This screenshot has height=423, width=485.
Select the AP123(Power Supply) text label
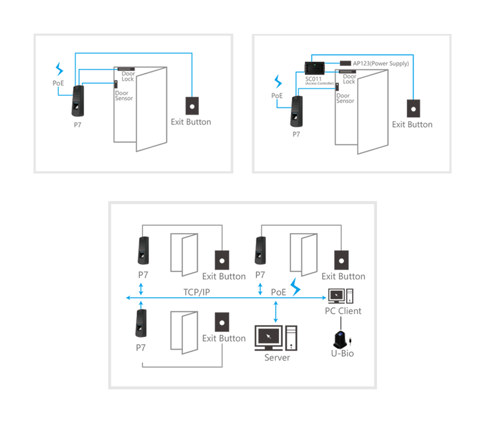point(381,63)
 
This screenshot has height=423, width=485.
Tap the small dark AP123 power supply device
point(345,63)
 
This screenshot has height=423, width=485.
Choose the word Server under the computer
point(277,357)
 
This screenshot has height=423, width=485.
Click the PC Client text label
point(343,311)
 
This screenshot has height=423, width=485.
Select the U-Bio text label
point(342,353)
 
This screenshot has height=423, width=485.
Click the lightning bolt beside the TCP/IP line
point(296,287)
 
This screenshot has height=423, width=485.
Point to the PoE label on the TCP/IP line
point(278,292)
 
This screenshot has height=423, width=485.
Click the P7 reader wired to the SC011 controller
point(296,113)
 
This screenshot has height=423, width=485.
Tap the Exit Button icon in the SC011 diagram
point(412,108)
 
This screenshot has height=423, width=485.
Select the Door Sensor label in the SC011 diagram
point(345,98)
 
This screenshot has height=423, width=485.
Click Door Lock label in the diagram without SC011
point(127,76)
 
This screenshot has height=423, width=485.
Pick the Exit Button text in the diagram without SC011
point(191,122)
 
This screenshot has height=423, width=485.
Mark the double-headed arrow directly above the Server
point(276,311)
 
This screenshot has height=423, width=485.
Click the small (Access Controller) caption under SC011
point(319,83)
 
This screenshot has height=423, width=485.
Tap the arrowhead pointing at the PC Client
point(324,298)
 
